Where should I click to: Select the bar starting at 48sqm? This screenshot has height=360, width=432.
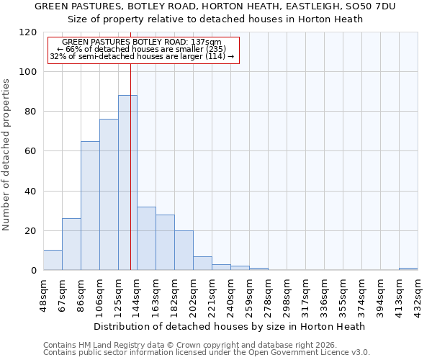point(53,260)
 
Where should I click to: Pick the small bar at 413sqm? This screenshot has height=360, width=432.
point(408,269)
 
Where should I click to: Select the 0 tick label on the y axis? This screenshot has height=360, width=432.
point(35,271)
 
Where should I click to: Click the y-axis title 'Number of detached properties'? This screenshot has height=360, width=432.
point(7,155)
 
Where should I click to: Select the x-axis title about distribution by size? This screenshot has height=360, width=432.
point(230,326)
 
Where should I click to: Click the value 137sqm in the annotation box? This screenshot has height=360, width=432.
point(208,42)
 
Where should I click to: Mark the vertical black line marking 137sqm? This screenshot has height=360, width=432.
point(130,166)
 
